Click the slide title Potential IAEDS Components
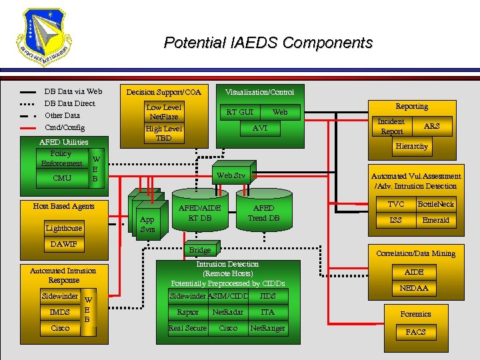(x=268, y=43)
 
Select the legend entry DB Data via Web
(x=73, y=91)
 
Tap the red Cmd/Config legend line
(x=28, y=127)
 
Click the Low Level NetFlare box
(x=163, y=111)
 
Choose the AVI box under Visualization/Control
(x=260, y=128)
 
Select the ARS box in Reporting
(x=432, y=126)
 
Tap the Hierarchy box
(x=411, y=146)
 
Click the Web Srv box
(x=231, y=175)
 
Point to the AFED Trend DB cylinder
(x=263, y=213)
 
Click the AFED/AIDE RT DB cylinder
(x=200, y=213)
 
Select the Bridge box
(x=200, y=250)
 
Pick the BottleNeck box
(x=435, y=204)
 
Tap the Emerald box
(x=435, y=220)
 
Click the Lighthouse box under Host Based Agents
(x=64, y=228)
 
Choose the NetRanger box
(x=267, y=328)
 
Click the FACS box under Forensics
(x=415, y=331)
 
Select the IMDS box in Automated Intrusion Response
(x=59, y=312)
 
